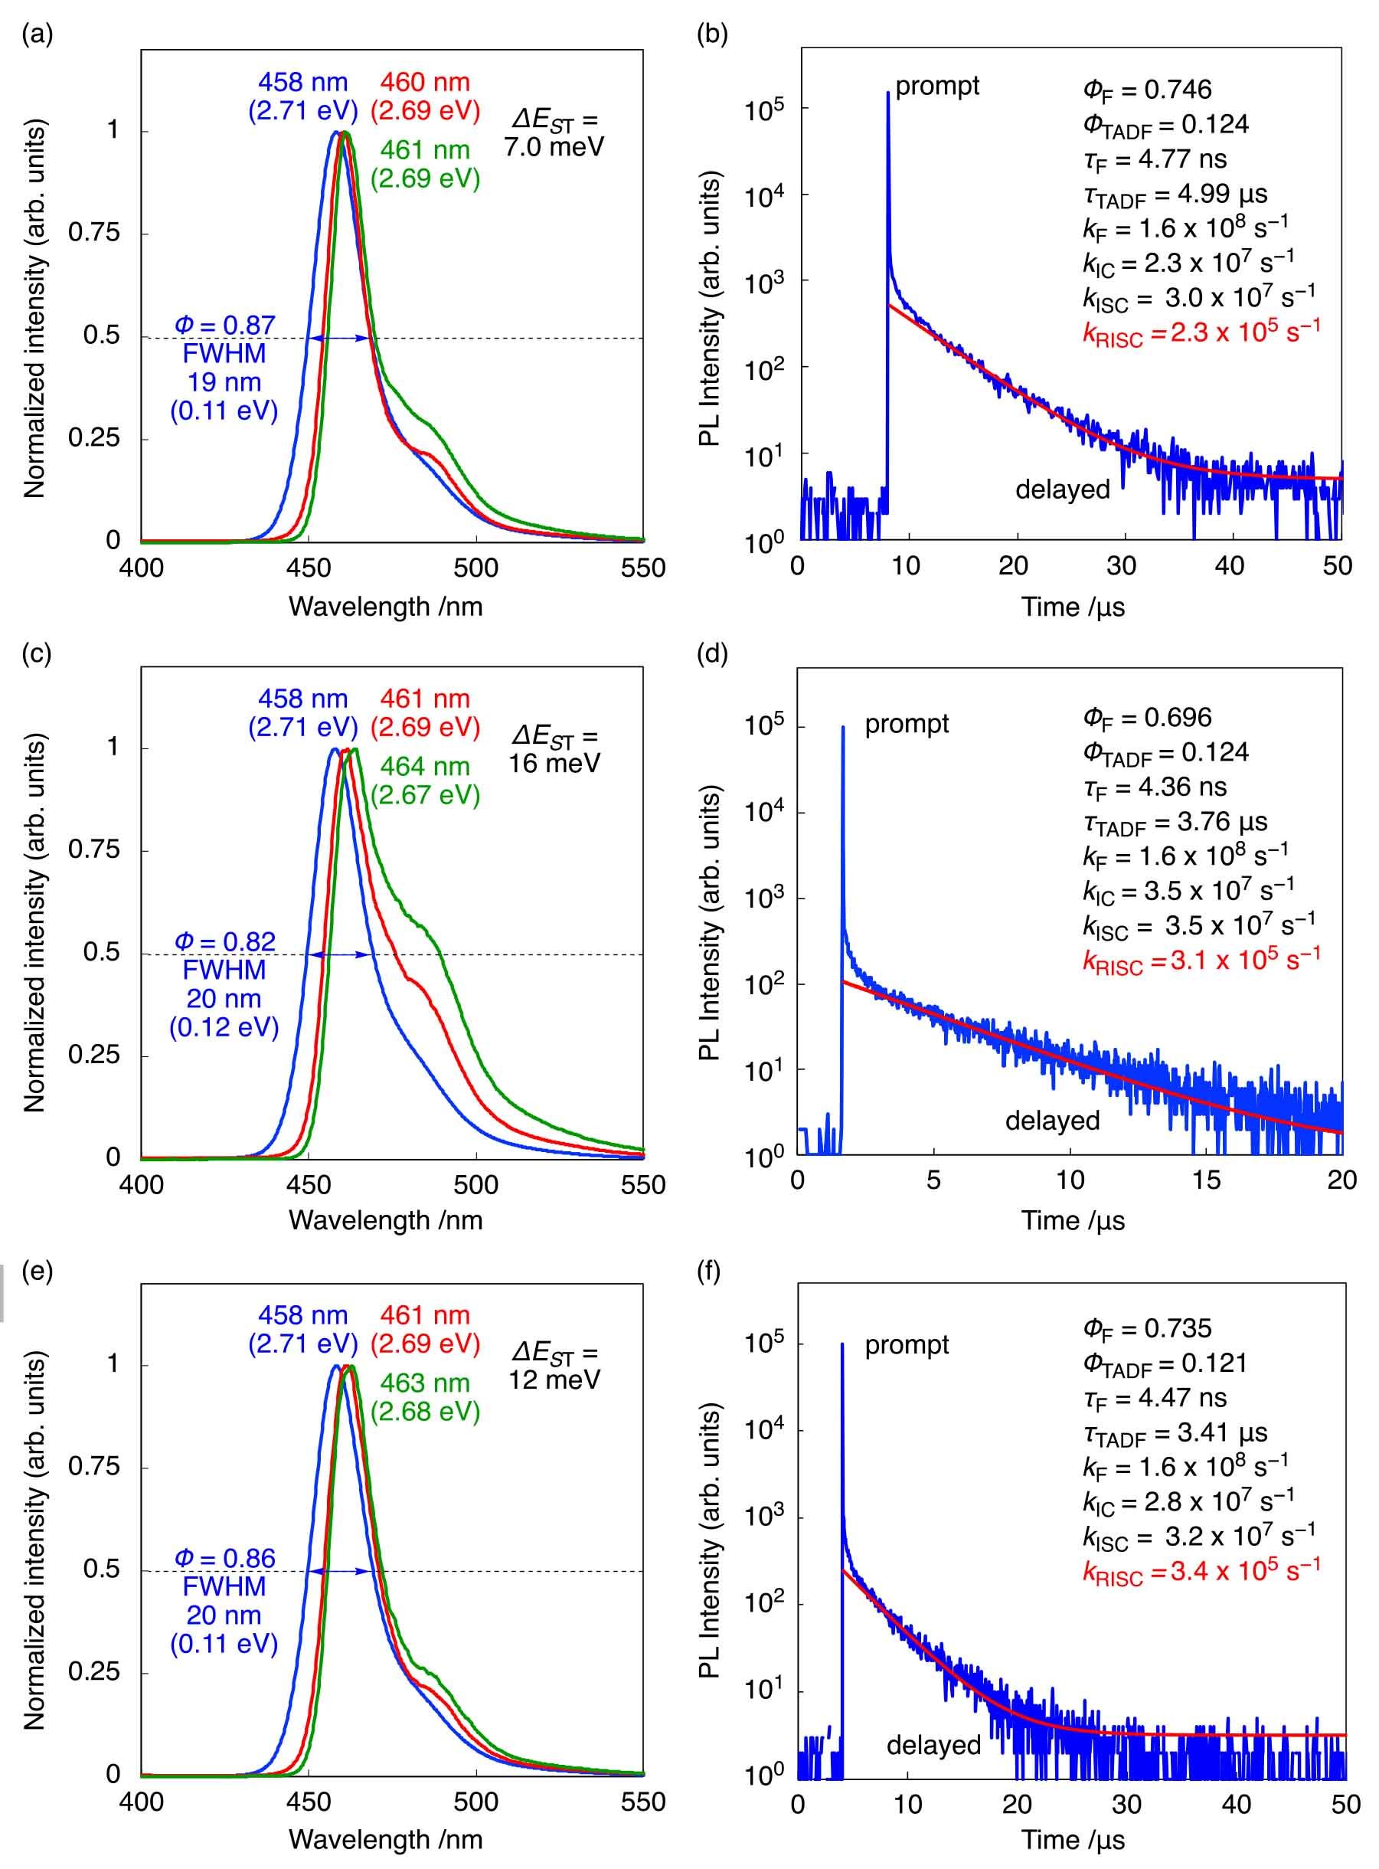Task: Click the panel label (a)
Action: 37,34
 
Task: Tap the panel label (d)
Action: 712,653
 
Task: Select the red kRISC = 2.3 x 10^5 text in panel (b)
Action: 1201,332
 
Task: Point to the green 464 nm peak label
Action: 425,766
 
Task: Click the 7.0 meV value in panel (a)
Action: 554,147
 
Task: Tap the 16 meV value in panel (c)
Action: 554,762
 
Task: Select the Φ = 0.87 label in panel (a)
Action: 224,325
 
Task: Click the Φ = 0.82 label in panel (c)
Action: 224,941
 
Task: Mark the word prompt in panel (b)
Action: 936,86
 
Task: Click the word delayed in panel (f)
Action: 933,1745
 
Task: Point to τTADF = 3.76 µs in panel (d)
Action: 1175,823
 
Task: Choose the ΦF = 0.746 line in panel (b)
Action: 1147,90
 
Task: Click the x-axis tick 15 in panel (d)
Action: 1205,1180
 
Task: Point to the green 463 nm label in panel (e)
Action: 425,1382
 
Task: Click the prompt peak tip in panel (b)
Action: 887,93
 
